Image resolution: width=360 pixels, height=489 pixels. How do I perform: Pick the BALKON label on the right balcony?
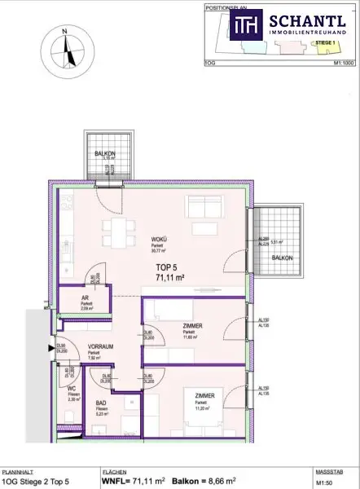[282, 258]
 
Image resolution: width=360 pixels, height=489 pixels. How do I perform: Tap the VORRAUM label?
[99, 346]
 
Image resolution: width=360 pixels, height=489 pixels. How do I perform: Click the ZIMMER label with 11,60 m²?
[193, 326]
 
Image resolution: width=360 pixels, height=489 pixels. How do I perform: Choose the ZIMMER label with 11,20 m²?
[203, 396]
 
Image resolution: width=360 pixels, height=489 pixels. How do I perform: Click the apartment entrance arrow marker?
[50, 348]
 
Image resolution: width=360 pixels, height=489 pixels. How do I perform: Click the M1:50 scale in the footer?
[326, 482]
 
